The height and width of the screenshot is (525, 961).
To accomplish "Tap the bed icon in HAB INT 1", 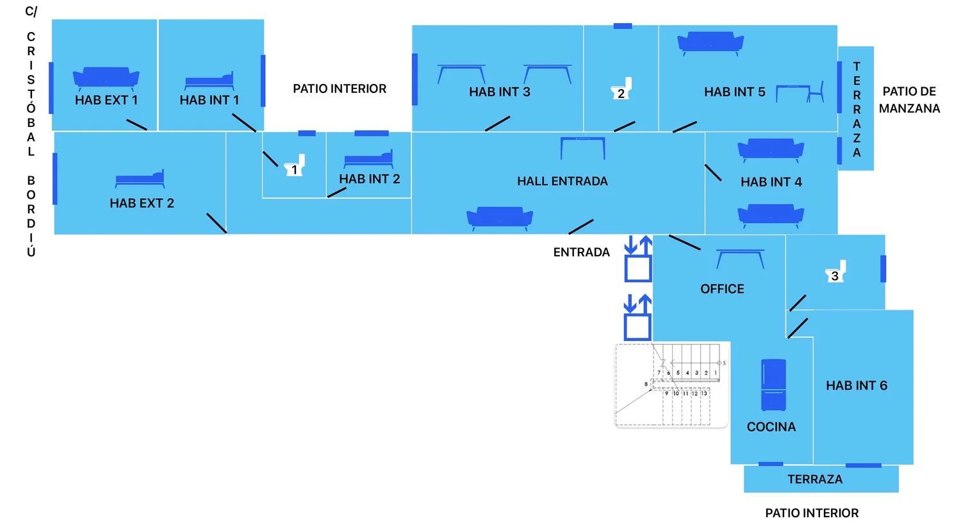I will [209, 82].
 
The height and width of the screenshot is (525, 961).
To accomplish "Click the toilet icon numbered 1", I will [295, 165].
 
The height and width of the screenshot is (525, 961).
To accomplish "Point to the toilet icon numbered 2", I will [621, 88].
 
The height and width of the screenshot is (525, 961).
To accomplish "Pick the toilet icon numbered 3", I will [836, 272].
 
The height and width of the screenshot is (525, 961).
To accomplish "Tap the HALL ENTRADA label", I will [562, 181].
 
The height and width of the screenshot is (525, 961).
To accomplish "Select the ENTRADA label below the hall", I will [581, 253].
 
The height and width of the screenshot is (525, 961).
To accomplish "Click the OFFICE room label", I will [722, 289].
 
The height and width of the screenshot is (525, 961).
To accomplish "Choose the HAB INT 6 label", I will [856, 385].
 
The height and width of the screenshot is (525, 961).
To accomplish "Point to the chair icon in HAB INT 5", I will [816, 92].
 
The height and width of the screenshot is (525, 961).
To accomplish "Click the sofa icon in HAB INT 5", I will [710, 44].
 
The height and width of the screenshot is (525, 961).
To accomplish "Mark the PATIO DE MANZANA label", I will [909, 100].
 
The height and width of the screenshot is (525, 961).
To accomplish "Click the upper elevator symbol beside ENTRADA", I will [638, 259].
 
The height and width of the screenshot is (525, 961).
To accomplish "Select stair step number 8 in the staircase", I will [646, 384].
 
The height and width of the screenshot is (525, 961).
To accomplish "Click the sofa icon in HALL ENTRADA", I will [500, 219].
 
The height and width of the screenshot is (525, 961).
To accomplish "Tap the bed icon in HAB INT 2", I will [368, 159].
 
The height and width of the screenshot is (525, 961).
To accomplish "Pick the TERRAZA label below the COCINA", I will [814, 479].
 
